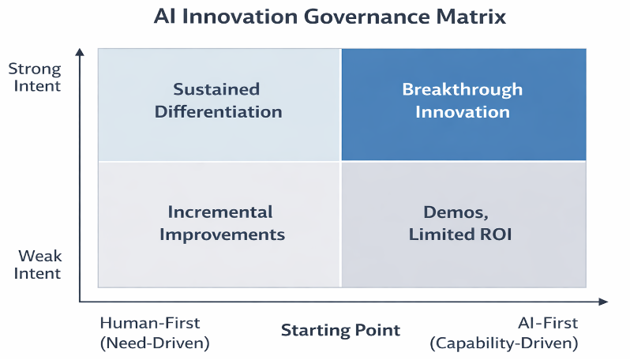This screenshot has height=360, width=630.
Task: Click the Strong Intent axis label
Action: tap(34, 77)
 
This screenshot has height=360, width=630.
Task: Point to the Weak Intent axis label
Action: tap(39, 265)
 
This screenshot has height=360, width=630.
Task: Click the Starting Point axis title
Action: tap(340, 330)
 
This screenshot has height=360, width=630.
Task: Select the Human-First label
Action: tap(150, 323)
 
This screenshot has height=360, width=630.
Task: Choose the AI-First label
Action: tap(548, 323)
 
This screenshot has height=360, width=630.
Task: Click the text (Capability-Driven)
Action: tap(504, 343)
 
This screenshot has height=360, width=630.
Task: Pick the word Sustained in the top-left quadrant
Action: tap(216, 89)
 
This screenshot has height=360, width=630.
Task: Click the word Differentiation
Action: tap(218, 111)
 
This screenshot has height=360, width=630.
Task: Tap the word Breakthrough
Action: tap(462, 89)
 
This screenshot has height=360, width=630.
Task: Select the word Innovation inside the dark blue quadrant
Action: tap(462, 111)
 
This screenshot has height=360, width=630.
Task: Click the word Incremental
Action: tap(220, 212)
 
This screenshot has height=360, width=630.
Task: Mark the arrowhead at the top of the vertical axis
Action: tap(80, 53)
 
